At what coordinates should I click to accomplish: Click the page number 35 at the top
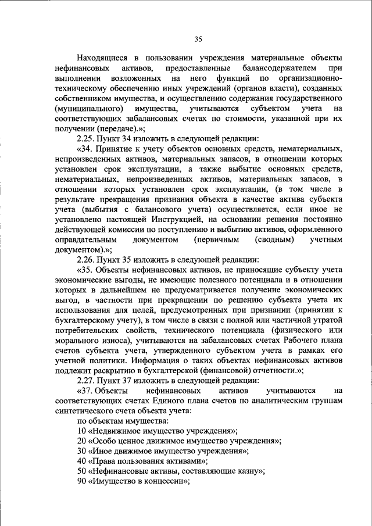[x=198, y=39]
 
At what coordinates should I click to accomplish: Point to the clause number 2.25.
[x=87, y=139]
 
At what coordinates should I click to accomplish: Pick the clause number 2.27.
[x=87, y=380]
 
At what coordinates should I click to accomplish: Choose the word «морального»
[x=79, y=339]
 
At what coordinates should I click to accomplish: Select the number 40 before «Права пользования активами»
[x=81, y=460]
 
